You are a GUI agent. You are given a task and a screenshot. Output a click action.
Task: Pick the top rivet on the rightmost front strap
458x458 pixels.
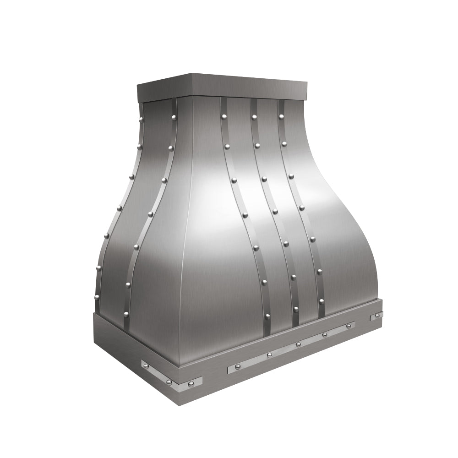281,116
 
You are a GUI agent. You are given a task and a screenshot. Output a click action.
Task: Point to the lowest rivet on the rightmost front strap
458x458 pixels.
322,300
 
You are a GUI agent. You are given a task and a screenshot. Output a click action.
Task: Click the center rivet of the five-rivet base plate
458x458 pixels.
298,344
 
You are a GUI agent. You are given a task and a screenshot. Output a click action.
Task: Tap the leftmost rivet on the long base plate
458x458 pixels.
238,366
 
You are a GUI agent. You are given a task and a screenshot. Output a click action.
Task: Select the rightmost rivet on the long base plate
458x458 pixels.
349,326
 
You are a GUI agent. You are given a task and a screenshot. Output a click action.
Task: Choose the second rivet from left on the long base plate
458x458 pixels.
269,354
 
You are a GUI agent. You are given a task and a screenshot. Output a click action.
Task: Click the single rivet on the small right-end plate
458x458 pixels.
378,315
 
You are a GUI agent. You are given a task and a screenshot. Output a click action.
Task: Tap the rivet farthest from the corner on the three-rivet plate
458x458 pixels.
144,365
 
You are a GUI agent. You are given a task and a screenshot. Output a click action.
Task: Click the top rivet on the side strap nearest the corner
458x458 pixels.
174,119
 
